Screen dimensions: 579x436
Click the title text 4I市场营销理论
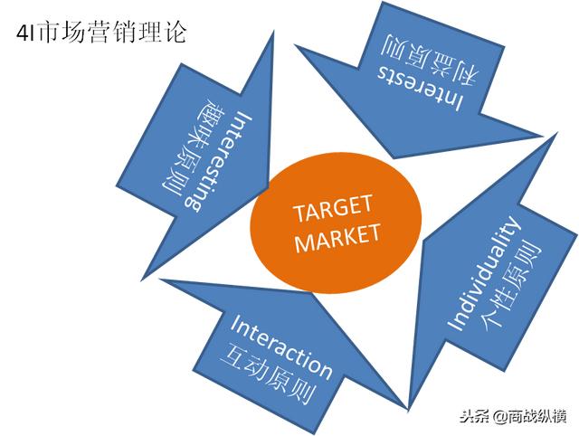click(100, 33)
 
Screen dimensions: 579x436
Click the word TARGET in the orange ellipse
click(332, 209)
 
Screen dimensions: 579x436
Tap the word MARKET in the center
click(337, 238)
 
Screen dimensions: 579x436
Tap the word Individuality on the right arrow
click(482, 273)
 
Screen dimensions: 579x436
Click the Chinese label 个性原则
click(509, 283)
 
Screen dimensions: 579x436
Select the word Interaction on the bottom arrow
click(280, 347)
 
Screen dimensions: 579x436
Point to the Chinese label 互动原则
click(268, 374)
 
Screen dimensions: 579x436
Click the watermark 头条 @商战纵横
click(513, 417)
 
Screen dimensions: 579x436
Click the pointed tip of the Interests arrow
click(542, 136)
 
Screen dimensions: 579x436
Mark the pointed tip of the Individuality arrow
click(408, 409)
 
